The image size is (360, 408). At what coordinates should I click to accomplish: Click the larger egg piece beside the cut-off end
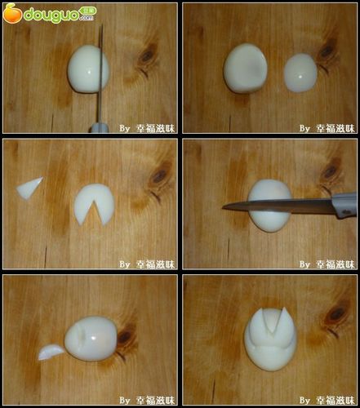(x=244, y=68)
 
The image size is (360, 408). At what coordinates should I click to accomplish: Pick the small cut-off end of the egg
(x=300, y=72)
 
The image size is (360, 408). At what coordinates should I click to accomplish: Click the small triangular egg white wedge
(x=30, y=188)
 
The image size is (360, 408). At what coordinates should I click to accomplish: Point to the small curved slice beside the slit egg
(x=50, y=352)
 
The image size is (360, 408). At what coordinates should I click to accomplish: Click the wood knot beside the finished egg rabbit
(x=336, y=315)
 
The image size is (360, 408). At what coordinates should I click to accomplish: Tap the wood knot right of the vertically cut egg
(x=148, y=56)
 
